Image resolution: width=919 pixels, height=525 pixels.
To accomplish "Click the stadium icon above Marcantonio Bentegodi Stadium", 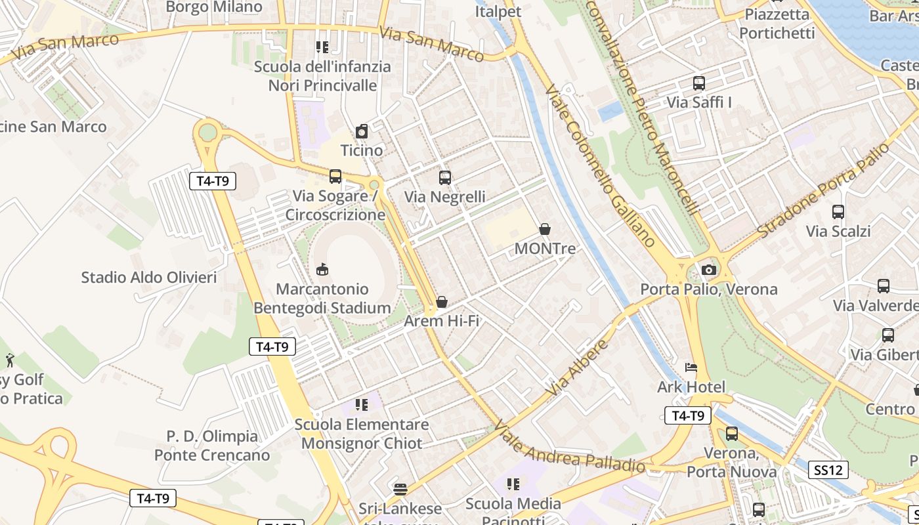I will (322, 269).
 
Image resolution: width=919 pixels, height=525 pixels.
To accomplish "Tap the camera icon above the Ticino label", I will (362, 131).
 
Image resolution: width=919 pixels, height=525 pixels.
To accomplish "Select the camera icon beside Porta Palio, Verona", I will (708, 270).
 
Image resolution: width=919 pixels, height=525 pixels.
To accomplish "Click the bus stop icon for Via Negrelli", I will (445, 177).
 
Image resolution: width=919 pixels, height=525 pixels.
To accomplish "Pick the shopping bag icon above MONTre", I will (545, 229).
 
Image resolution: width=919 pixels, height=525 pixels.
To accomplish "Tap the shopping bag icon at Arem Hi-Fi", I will (442, 302).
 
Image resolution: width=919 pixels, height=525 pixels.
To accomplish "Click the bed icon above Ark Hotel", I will (691, 367).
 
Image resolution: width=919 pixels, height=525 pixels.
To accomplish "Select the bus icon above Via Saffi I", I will (699, 83).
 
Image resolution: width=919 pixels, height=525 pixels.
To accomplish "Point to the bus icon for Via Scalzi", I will (838, 212).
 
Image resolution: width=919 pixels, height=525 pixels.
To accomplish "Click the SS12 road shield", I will (828, 470).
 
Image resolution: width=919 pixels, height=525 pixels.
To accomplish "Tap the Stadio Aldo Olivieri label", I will (149, 278).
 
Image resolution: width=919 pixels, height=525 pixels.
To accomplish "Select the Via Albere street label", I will (578, 367).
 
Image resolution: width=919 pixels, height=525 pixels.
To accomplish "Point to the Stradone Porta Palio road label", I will (823, 190).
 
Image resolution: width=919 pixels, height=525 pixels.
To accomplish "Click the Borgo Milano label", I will (214, 7).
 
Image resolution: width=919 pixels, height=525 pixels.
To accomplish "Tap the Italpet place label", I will (498, 11).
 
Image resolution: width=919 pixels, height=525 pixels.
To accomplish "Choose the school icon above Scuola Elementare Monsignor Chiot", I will (362, 405).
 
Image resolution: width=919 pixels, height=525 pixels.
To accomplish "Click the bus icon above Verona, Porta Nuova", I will (732, 434).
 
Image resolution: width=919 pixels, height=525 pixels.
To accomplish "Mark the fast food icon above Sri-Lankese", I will (400, 489).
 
